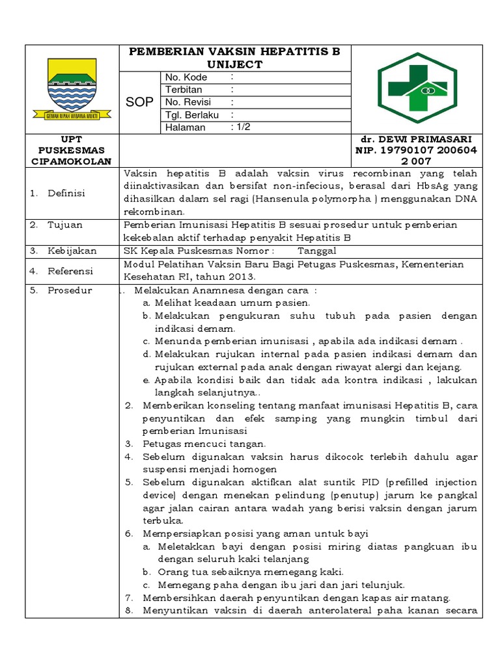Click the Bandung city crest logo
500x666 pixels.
point(72,89)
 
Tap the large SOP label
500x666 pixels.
point(139,102)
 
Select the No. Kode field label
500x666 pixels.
point(186,77)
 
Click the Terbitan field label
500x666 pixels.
point(184,90)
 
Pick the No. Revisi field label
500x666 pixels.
point(189,102)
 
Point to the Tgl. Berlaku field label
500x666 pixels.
point(191,114)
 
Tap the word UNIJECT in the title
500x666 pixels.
point(235,64)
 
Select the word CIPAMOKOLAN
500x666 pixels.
point(72,161)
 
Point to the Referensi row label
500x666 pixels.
point(70,270)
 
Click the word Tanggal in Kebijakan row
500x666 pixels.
point(317,250)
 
